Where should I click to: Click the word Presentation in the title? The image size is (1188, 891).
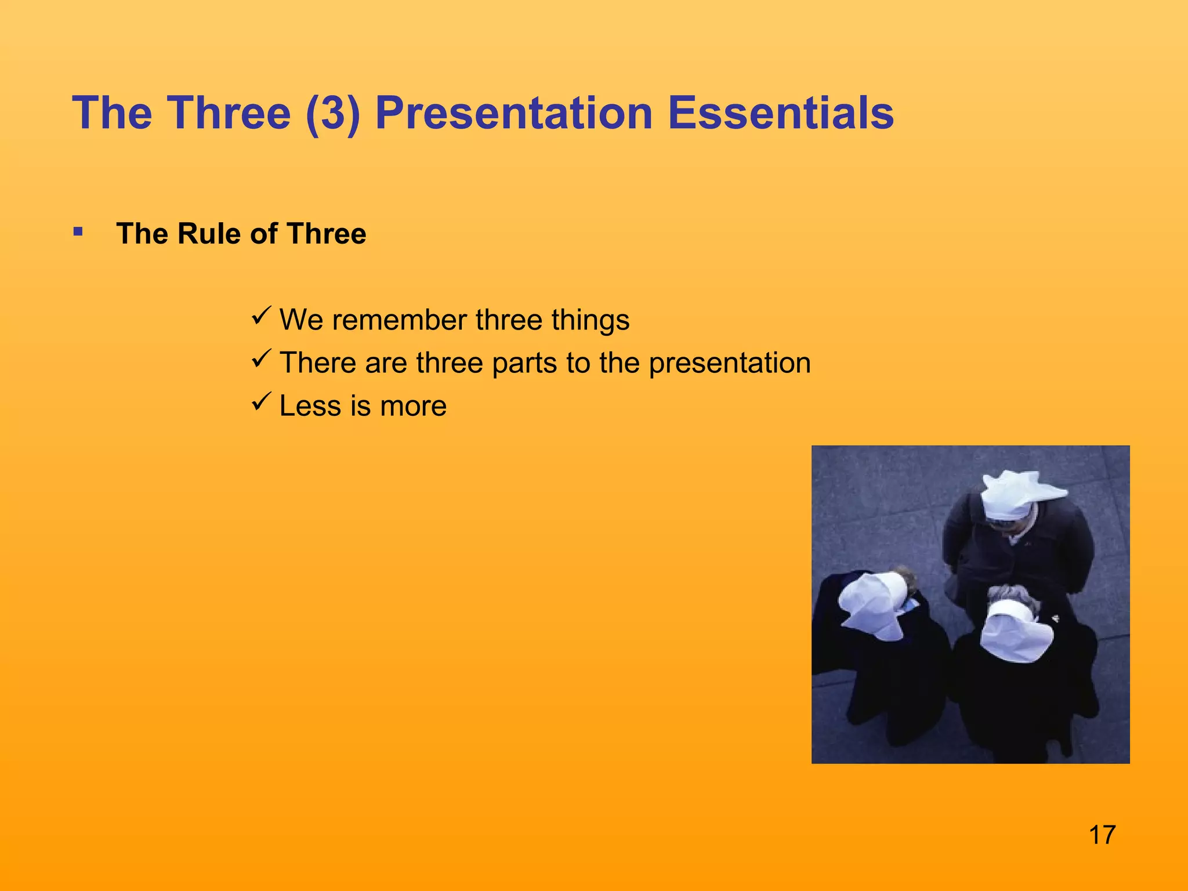point(514,113)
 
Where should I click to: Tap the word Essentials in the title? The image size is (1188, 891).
point(780,113)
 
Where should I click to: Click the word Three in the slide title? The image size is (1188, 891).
point(229,113)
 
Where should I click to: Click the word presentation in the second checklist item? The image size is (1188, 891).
point(729,364)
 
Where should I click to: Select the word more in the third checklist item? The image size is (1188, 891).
point(413,406)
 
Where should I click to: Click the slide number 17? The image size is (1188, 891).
point(1102,835)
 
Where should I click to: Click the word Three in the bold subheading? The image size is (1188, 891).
point(326,234)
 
